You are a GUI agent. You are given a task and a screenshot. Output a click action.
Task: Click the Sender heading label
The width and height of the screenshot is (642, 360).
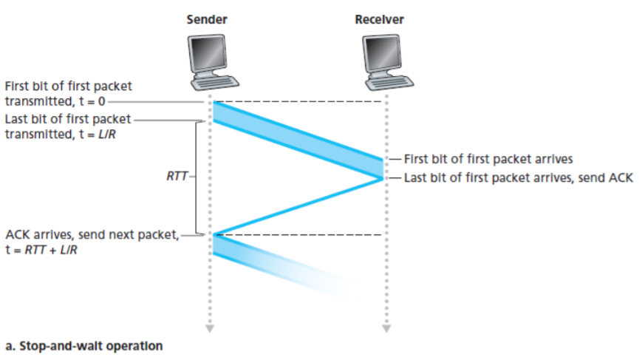[x=206, y=20]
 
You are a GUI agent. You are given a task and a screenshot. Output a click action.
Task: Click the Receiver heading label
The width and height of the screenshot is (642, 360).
[x=379, y=20]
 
